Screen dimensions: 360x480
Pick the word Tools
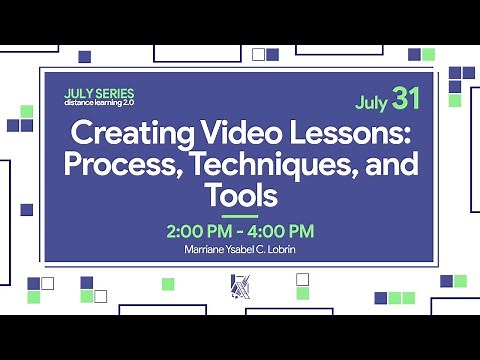(x=240, y=190)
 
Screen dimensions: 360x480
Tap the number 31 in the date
(x=405, y=98)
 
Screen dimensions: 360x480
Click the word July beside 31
(x=372, y=101)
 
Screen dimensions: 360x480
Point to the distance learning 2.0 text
(x=99, y=102)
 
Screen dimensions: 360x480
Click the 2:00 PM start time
(x=196, y=232)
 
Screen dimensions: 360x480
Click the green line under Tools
(x=240, y=215)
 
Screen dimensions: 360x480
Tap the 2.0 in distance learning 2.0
(x=128, y=102)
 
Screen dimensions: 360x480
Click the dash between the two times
(x=239, y=232)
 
